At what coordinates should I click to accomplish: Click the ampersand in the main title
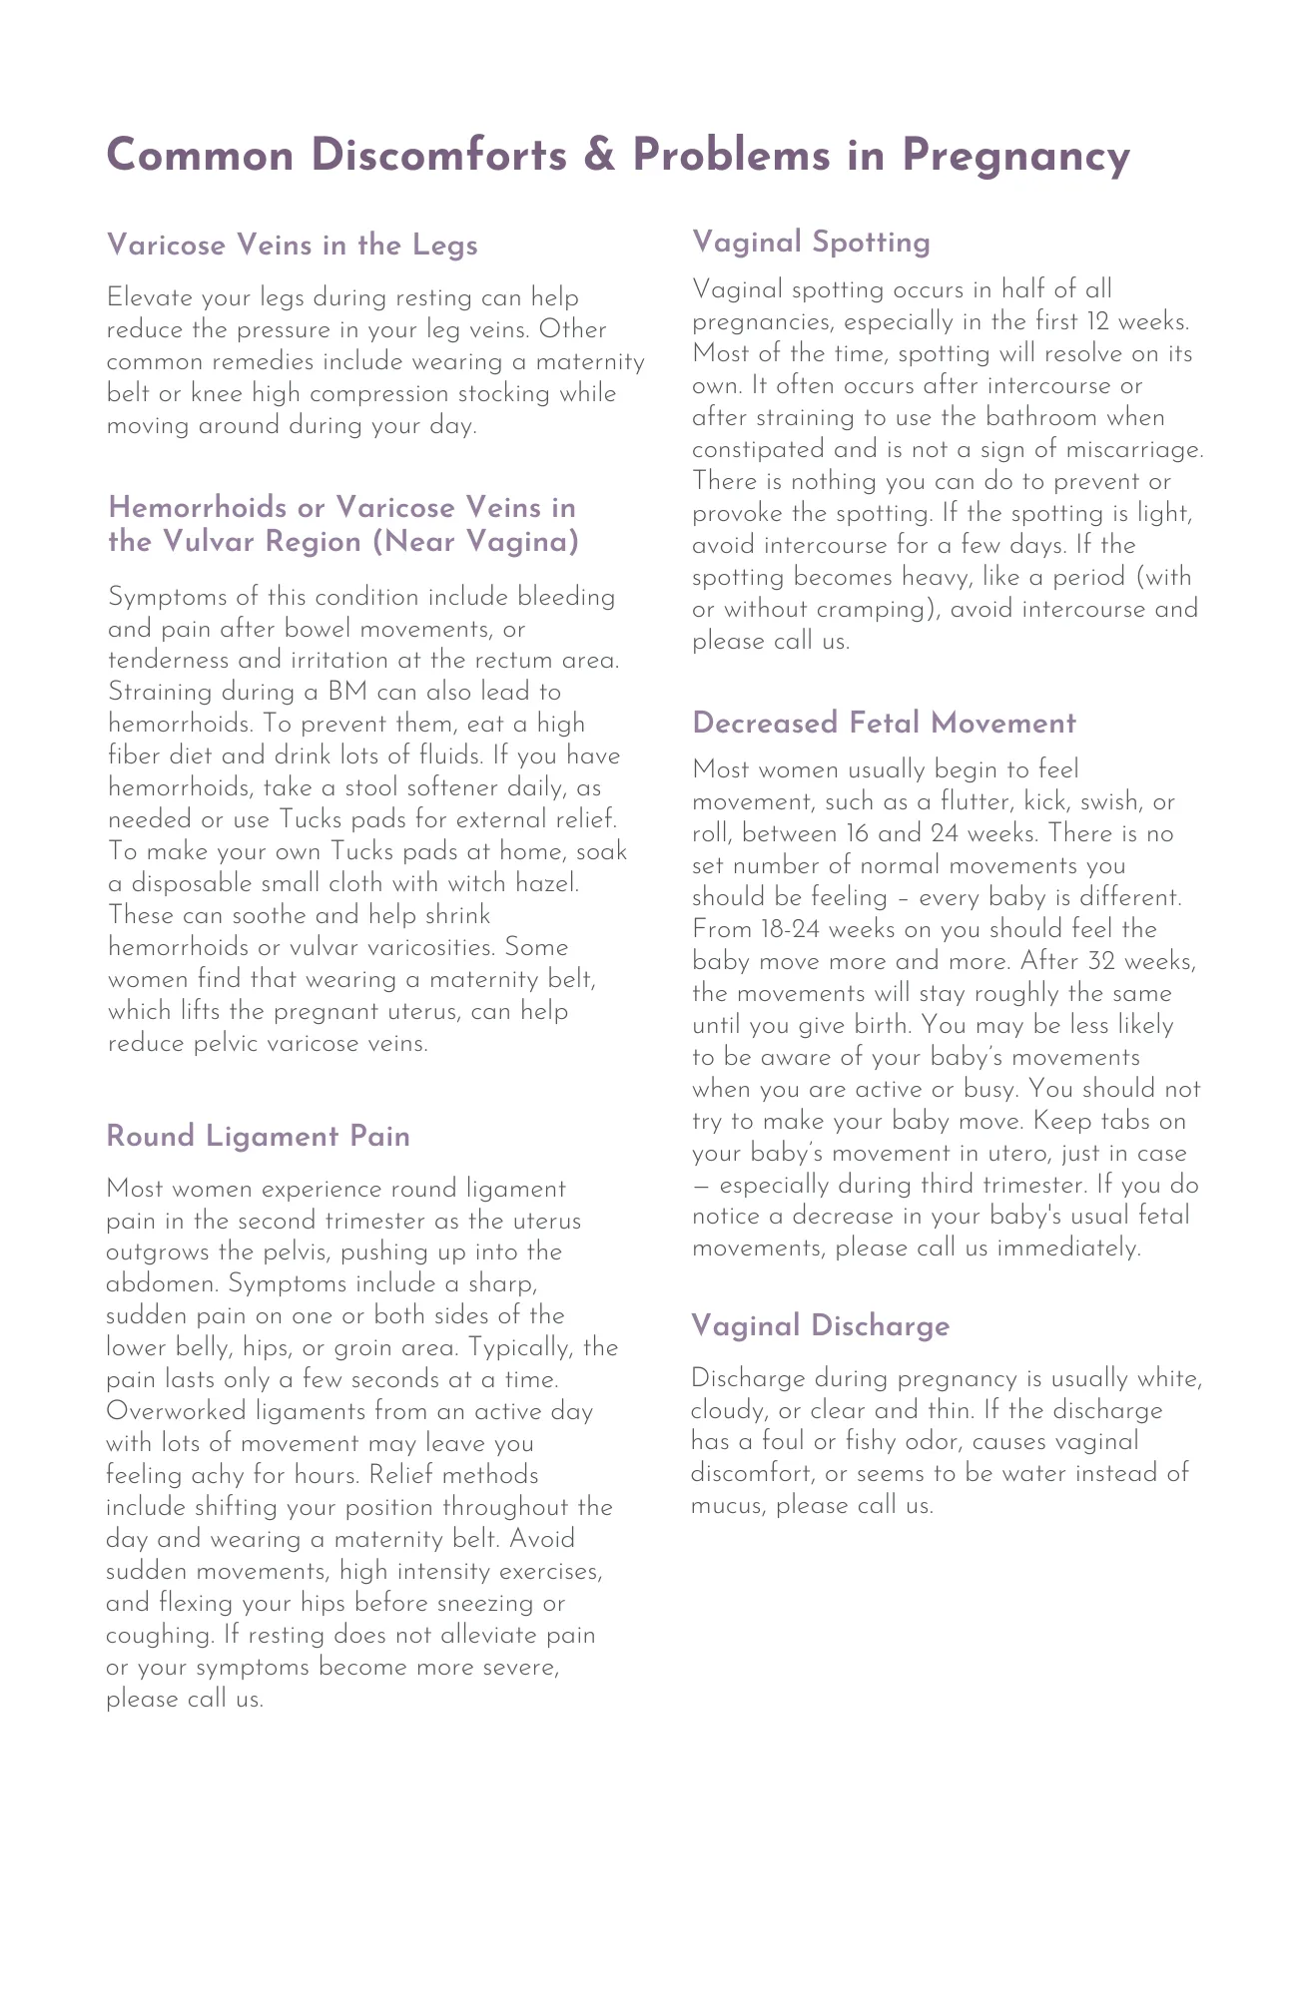point(601,157)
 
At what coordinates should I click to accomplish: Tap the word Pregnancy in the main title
point(1015,157)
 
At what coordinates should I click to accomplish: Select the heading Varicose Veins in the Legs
point(292,246)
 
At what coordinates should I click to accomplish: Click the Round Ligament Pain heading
point(258,1137)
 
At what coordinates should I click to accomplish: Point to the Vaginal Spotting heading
point(811,242)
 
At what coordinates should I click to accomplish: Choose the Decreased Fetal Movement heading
point(884,723)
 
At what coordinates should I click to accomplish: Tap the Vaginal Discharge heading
point(820,1325)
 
